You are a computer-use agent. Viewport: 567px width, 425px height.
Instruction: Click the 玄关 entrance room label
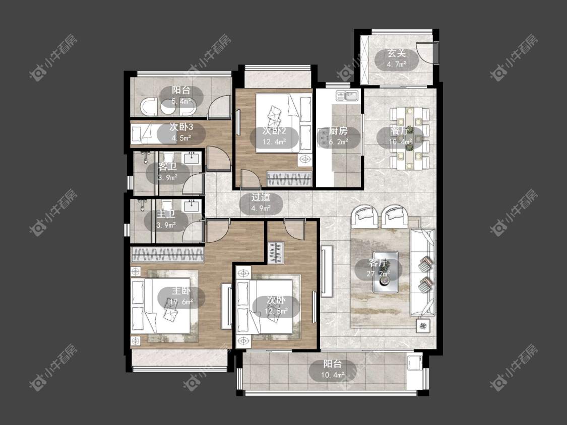click(397, 53)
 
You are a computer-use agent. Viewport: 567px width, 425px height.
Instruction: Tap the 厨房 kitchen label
click(338, 131)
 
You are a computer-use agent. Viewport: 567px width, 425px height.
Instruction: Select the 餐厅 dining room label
click(400, 131)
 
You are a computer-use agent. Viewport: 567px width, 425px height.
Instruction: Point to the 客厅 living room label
click(378, 263)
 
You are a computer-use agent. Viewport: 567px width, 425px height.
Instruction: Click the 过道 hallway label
click(261, 197)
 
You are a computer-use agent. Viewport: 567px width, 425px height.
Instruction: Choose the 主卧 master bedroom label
click(181, 291)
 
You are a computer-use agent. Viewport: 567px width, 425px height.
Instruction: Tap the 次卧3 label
click(181, 127)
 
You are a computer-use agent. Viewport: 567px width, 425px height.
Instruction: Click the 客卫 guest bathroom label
click(167, 167)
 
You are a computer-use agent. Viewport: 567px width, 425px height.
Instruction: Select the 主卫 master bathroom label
click(166, 215)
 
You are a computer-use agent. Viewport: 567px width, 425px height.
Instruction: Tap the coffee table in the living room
click(386, 272)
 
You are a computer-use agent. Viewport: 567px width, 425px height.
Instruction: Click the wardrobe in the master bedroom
click(167, 254)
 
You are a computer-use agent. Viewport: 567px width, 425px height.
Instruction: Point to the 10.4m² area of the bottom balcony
click(332, 375)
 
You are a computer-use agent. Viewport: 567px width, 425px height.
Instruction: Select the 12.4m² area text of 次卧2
click(274, 141)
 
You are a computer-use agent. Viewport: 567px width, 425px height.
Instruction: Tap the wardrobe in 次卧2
click(289, 179)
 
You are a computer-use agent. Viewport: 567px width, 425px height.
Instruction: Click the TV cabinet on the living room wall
click(327, 271)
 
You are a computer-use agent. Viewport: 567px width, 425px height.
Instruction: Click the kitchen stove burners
click(323, 137)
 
